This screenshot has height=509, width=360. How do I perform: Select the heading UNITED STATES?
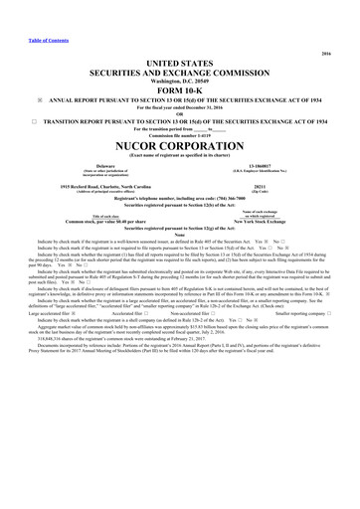180,62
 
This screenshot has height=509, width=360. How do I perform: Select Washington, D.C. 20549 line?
180,80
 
